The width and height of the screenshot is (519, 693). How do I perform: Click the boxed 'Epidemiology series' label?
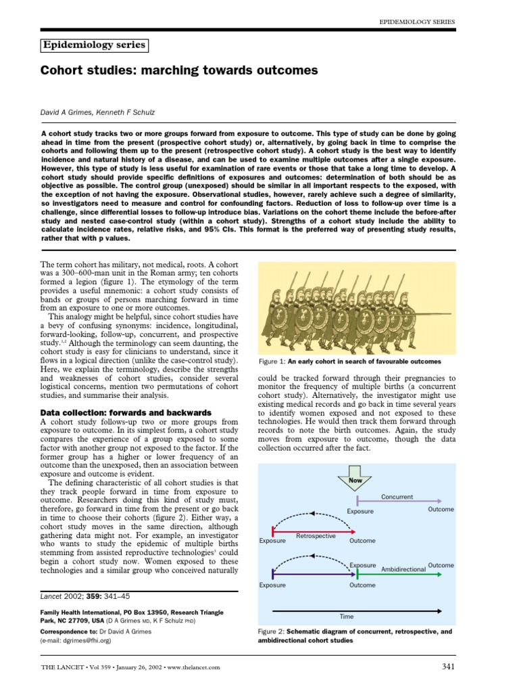(95, 45)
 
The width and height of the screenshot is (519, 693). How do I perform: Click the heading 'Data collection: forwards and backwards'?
(126, 412)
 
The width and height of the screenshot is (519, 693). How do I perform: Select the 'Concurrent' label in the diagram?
(397, 497)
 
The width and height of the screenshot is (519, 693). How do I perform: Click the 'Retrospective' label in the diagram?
(316, 535)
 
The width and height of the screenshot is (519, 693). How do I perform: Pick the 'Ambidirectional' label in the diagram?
(403, 570)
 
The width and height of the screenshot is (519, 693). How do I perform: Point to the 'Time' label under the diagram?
(345, 617)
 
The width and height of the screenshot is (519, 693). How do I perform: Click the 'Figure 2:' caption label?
(273, 631)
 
